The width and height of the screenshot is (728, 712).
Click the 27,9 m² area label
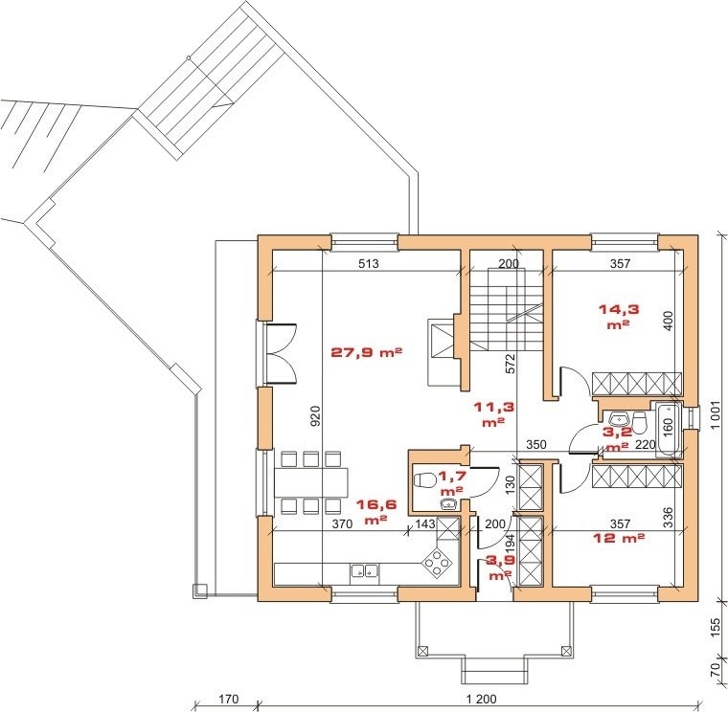click(366, 352)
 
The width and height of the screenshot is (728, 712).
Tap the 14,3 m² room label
click(619, 317)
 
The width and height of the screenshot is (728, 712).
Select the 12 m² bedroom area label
click(620, 538)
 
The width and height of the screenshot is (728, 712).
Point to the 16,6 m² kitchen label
click(376, 512)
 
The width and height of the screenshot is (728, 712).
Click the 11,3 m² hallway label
click(494, 414)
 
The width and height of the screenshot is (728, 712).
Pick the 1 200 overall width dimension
click(481, 699)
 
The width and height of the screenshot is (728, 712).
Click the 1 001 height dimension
click(716, 415)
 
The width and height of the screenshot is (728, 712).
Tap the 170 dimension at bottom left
click(228, 699)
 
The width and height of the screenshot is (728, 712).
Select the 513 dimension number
click(369, 264)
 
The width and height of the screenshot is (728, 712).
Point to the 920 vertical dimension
click(315, 416)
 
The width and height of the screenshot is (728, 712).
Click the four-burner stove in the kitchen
click(437, 563)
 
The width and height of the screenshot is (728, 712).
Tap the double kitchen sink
click(364, 570)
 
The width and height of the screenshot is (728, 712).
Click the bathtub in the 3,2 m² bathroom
click(668, 430)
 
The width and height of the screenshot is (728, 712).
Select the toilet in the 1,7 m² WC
click(424, 480)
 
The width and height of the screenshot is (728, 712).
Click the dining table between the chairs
click(311, 481)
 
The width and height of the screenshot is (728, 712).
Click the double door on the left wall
click(281, 353)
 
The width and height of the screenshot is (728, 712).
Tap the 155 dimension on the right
click(716, 628)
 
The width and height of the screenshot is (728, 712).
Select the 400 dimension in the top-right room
click(669, 321)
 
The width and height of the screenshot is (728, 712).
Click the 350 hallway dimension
click(536, 445)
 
